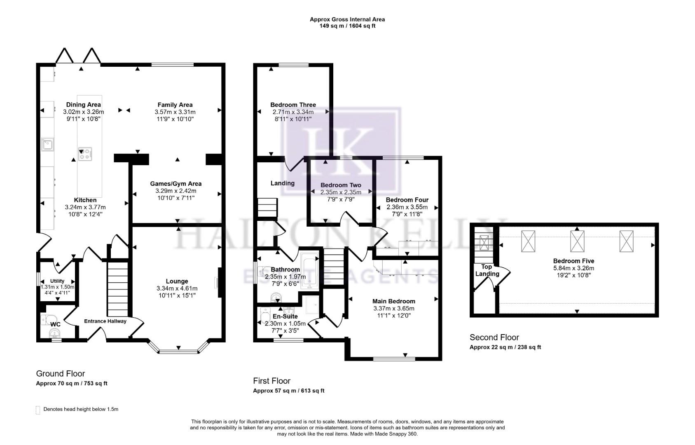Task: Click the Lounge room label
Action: (x=177, y=281)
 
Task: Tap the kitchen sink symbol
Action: (x=47, y=144)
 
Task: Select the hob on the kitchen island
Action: (x=86, y=154)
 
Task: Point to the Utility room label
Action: (x=57, y=281)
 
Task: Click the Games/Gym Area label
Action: (x=176, y=184)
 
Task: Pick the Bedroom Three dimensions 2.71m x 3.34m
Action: (x=293, y=112)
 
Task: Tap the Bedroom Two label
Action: (x=341, y=185)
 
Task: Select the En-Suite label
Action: (x=285, y=316)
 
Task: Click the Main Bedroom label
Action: (x=393, y=301)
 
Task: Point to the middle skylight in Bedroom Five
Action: (x=577, y=241)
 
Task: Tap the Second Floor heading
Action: (x=494, y=337)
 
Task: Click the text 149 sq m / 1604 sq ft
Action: (x=347, y=26)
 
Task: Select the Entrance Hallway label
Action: (x=105, y=321)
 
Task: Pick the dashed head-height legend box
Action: (x=38, y=410)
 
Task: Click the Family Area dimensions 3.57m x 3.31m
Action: (x=175, y=112)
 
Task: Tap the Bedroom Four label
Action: (x=407, y=200)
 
